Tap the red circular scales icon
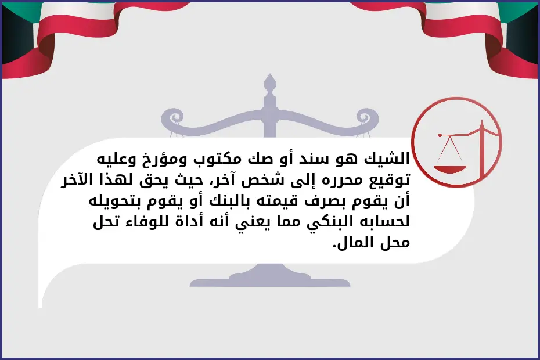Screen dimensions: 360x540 pos(456,142)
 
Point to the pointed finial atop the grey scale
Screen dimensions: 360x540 pos(268,84)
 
